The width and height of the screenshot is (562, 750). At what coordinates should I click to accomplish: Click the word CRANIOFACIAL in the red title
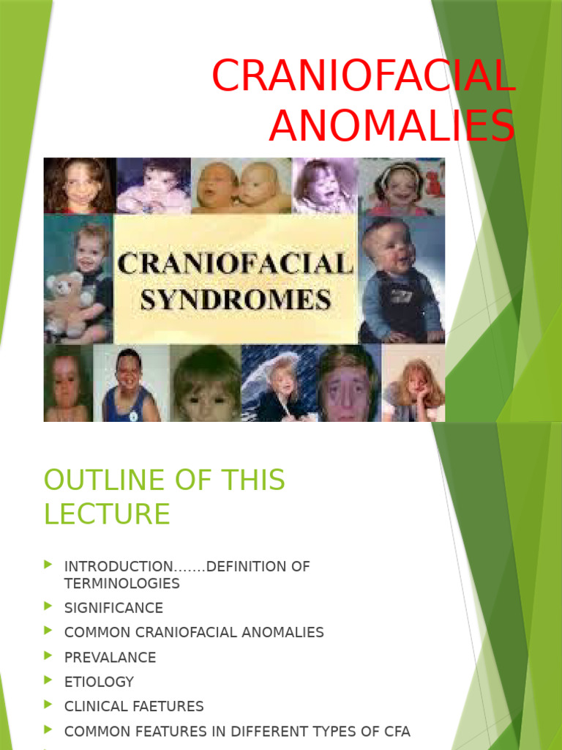pyautogui.click(x=364, y=75)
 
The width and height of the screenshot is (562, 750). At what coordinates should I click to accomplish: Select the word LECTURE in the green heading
pyautogui.click(x=107, y=514)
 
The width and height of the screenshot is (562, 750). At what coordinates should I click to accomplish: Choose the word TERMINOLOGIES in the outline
pyautogui.click(x=121, y=584)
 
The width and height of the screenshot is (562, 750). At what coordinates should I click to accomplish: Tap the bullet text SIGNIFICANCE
pyautogui.click(x=113, y=608)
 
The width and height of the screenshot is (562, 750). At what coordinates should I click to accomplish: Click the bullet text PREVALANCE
pyautogui.click(x=110, y=657)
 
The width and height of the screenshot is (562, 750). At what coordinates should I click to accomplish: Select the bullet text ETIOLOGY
pyautogui.click(x=99, y=682)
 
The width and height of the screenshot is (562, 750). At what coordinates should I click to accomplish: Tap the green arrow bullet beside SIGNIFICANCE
pyautogui.click(x=48, y=606)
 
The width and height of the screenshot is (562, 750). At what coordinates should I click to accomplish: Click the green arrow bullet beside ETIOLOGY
pyautogui.click(x=48, y=680)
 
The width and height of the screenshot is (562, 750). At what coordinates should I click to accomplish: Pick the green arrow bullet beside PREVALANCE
pyautogui.click(x=48, y=656)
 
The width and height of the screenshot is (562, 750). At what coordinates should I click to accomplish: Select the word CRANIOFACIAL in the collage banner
pyautogui.click(x=236, y=264)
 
